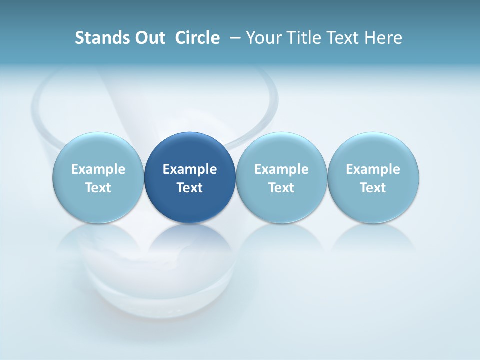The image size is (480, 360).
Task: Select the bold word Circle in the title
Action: click(197, 38)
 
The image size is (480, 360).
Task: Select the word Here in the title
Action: click(384, 38)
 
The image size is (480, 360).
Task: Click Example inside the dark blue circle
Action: click(190, 169)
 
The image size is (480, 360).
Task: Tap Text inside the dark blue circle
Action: click(190, 188)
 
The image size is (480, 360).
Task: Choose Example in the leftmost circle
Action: click(98, 169)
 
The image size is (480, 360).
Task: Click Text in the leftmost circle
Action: click(98, 188)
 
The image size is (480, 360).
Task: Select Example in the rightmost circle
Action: click(373, 169)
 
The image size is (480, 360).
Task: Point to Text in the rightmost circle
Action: click(373, 188)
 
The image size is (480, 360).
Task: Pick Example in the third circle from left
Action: click(281, 169)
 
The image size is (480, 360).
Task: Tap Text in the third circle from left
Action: click(281, 188)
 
